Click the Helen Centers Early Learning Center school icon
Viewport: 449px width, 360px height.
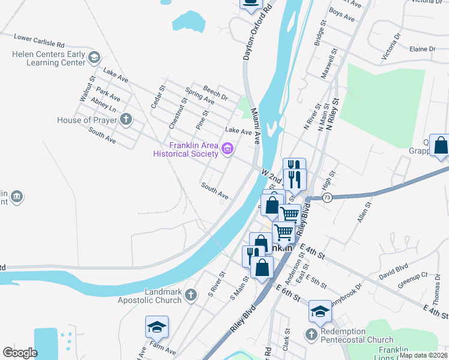coord(94,58)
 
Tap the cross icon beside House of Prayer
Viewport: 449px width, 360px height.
coord(125,120)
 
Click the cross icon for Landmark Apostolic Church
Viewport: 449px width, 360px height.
coord(190,295)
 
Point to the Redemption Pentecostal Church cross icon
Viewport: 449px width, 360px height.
coord(311,333)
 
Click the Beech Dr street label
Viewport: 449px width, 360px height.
coord(215,92)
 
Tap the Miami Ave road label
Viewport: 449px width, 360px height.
coord(255,126)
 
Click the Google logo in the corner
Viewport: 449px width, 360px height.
coord(20,353)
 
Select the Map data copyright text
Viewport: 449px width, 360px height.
coord(423,355)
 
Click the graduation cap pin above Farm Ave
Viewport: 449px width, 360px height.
coord(157,327)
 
